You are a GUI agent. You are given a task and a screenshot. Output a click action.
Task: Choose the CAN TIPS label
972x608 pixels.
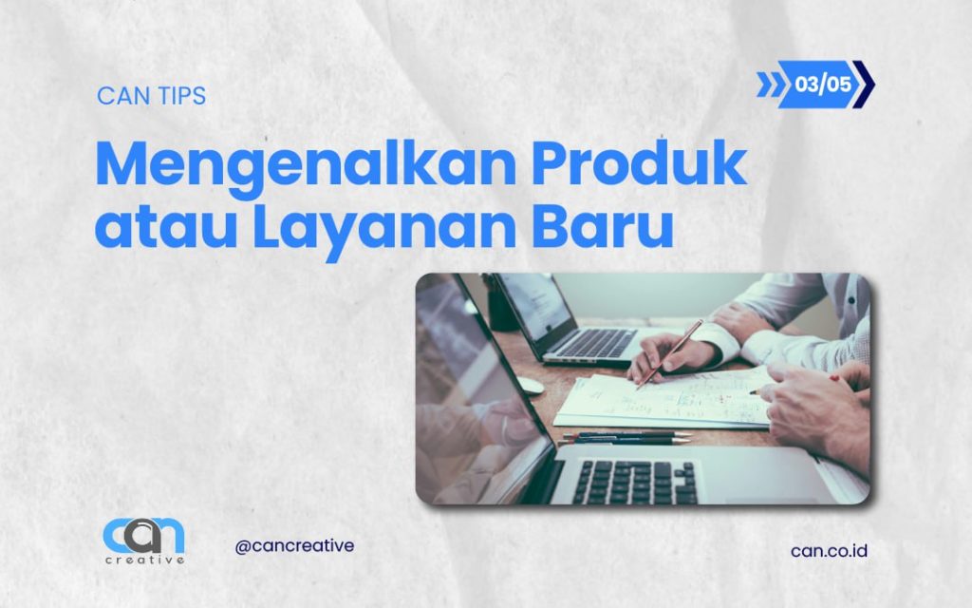pos(151,96)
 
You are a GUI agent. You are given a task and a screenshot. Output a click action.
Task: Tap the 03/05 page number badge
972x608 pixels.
pos(822,85)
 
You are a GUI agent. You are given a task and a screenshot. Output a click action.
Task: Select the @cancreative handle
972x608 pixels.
pos(294,546)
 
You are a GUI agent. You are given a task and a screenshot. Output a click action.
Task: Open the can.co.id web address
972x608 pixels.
pos(829,550)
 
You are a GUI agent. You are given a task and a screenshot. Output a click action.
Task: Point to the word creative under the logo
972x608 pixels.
pos(144,560)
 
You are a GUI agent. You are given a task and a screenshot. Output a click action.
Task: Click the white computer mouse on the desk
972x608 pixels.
pos(529,385)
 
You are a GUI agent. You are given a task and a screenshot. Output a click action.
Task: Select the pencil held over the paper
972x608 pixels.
pos(670,352)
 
